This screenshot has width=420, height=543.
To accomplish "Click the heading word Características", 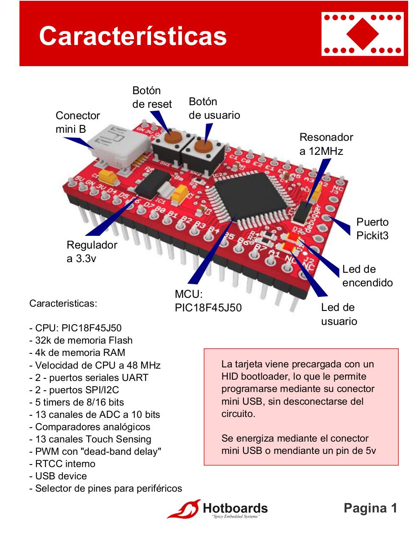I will [133, 36].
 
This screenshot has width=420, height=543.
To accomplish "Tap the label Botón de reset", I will [152, 97].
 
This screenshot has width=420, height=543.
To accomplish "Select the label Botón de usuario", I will [214, 108].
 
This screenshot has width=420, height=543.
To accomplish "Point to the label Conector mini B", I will [77, 122].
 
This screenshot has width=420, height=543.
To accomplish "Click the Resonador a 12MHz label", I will [326, 144].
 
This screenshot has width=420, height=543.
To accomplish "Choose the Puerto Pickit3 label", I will [372, 229].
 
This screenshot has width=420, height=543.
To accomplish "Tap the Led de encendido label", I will [367, 276].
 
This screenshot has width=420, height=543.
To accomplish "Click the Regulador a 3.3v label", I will [92, 252].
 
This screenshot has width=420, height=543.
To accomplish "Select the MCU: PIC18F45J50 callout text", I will [208, 301].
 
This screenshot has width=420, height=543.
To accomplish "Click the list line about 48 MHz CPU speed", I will [95, 365].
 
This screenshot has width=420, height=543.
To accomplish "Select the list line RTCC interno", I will [62, 464].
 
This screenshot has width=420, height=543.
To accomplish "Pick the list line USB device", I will [58, 476].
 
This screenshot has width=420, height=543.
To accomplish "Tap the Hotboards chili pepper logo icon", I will [184, 509].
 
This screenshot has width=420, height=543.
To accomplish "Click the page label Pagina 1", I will [370, 508].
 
